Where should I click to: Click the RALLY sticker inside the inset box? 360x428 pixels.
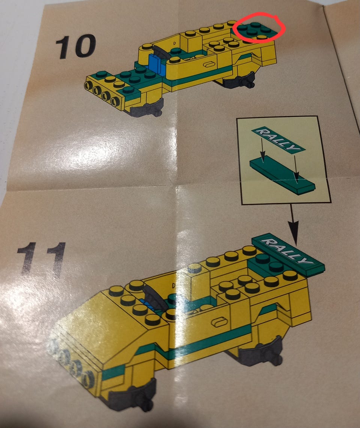278,139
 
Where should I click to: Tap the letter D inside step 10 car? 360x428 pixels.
174,43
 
